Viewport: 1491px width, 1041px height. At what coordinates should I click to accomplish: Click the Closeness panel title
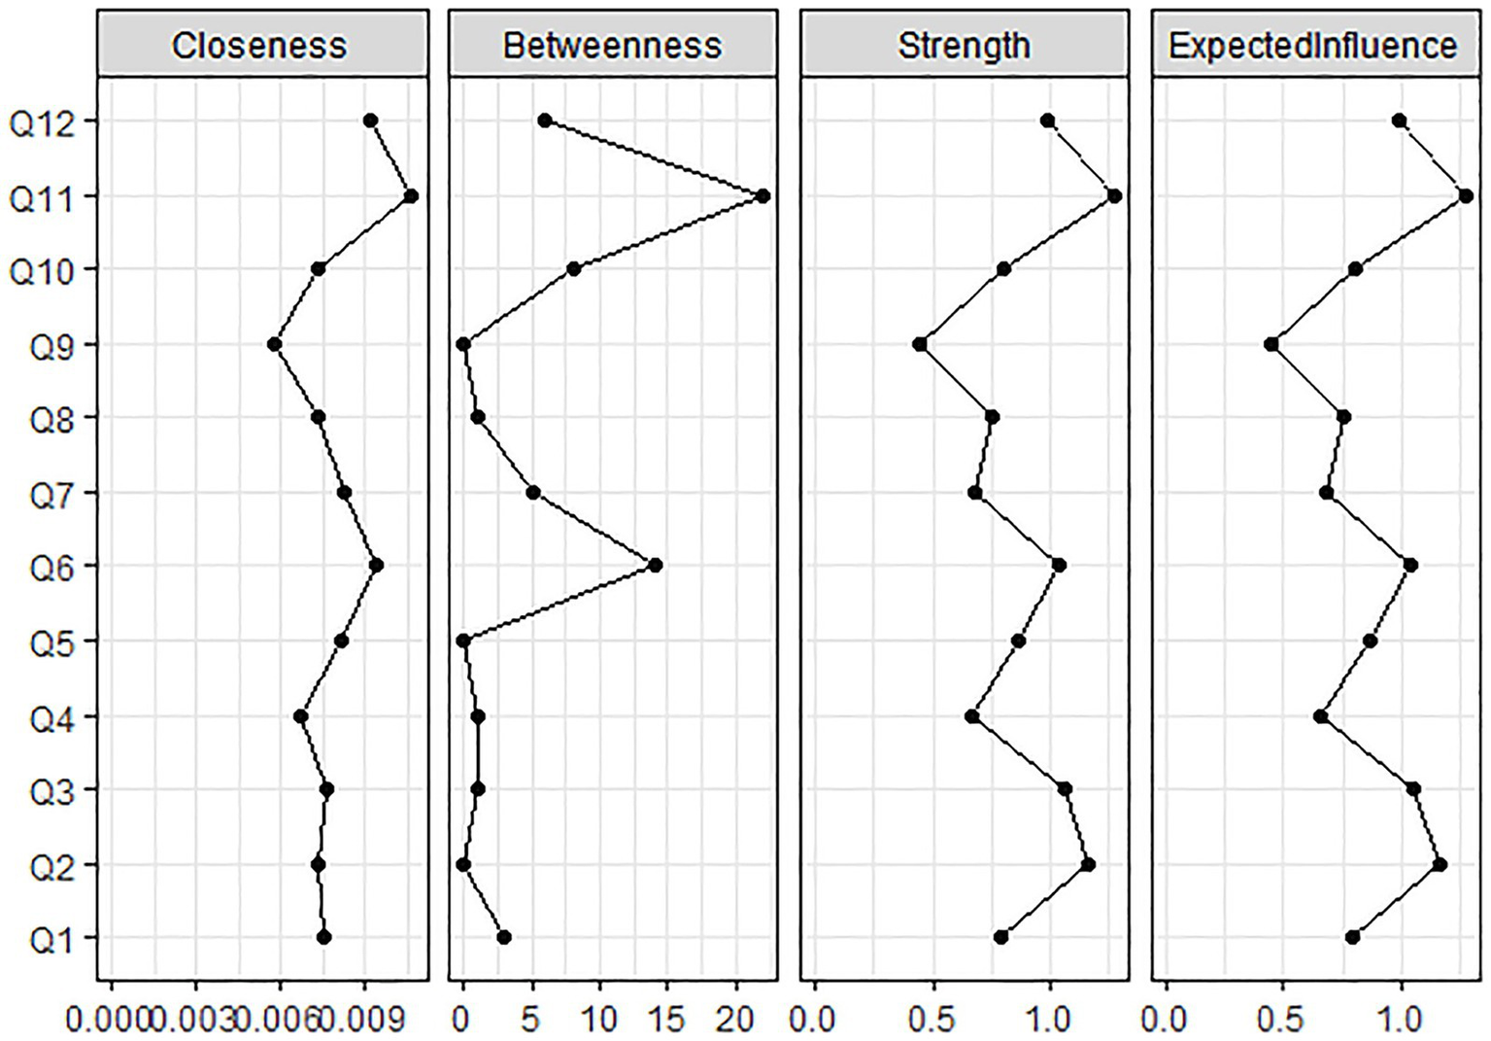coord(259,46)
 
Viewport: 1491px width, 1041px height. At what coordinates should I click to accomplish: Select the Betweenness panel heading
coord(612,46)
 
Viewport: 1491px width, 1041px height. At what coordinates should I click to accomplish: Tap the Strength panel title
coord(964,46)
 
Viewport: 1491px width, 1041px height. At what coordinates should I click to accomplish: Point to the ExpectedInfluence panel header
coord(1313,46)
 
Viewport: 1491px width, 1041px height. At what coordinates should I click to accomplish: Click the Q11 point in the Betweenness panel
coord(762,196)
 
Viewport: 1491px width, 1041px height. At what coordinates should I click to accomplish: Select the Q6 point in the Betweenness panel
coord(655,565)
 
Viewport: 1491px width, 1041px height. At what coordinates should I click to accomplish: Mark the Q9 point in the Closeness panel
coord(274,344)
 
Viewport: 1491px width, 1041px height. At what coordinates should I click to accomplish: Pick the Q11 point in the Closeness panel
coord(411,196)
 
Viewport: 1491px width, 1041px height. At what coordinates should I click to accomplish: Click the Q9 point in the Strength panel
coord(920,344)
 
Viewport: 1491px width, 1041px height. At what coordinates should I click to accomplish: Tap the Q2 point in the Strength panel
coord(1088,864)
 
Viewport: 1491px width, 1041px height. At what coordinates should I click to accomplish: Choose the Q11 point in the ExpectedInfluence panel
coord(1466,196)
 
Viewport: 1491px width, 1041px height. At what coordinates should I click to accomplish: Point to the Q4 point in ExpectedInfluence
coord(1320,716)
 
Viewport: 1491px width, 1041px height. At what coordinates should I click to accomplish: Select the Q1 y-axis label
coord(47,939)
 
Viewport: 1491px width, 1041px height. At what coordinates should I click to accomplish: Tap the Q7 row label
coord(47,494)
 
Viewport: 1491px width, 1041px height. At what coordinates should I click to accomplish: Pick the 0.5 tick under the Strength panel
coord(933,1020)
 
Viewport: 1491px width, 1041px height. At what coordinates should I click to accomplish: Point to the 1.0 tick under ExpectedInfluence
coord(1401,1020)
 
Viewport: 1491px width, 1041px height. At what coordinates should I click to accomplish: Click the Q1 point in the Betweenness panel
coord(503,937)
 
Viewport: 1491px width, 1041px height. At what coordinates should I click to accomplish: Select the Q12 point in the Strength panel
coord(1047,121)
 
